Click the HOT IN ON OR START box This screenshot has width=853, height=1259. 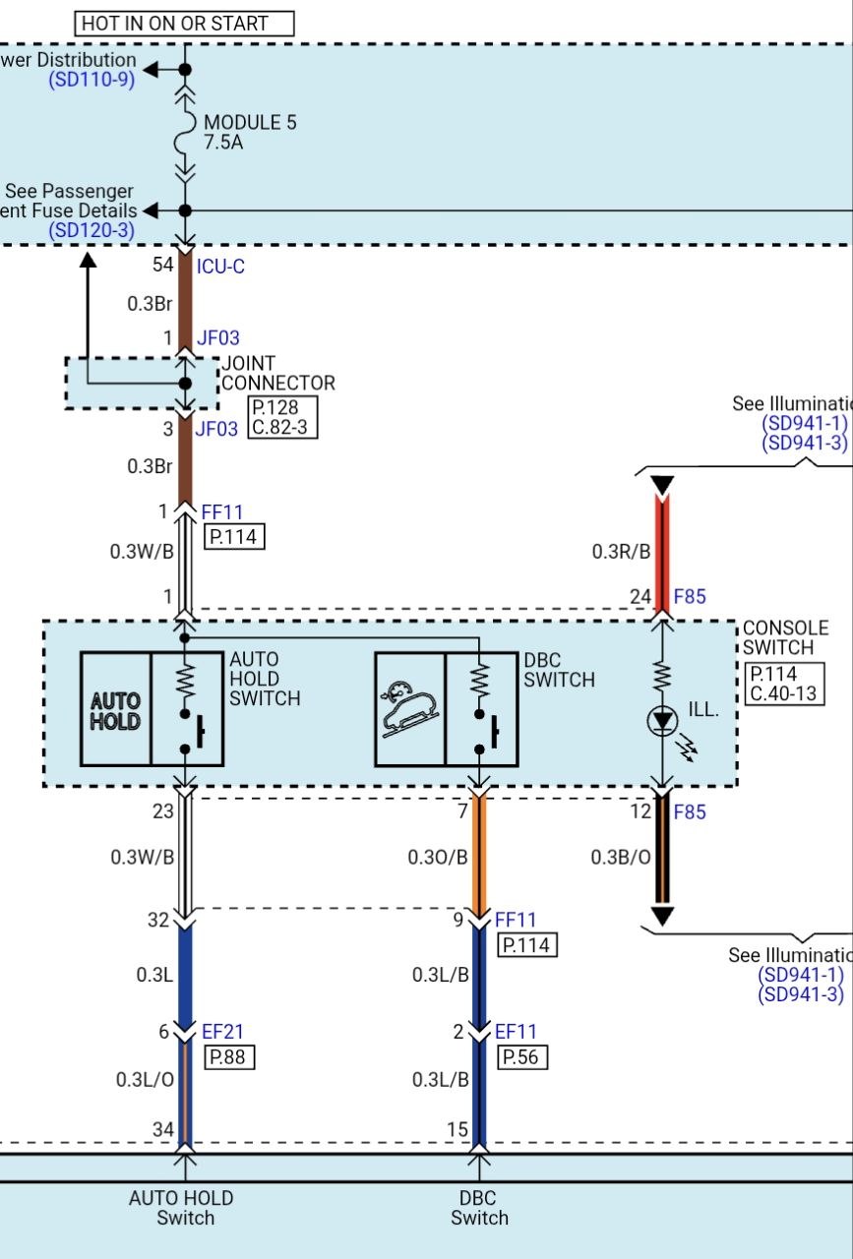(184, 24)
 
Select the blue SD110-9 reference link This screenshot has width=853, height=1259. (91, 80)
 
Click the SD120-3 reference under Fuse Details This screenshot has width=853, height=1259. (91, 230)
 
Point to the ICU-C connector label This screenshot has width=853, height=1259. (220, 267)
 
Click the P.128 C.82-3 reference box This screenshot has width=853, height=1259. (282, 417)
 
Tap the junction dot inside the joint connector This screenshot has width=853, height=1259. (185, 384)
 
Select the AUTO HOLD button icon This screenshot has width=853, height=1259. (116, 709)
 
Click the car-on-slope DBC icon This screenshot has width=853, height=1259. (410, 709)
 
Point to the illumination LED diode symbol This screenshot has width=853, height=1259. (662, 721)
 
